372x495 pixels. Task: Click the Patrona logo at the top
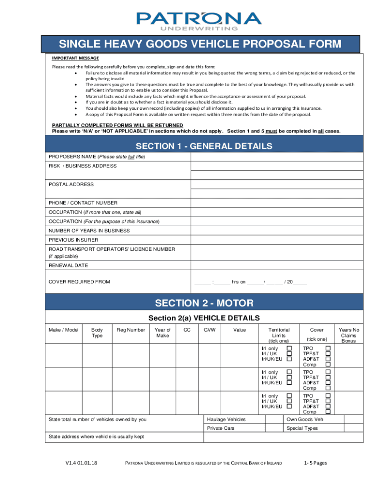click(199, 21)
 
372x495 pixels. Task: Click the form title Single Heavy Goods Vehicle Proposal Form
click(200, 44)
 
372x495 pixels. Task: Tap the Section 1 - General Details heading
click(204, 146)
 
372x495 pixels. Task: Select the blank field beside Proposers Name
click(277, 157)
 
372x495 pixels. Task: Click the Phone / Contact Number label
click(83, 203)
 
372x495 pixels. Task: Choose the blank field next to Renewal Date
click(277, 265)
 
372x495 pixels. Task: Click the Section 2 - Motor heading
click(204, 303)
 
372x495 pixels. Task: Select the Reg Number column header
click(130, 330)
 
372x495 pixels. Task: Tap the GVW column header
click(209, 330)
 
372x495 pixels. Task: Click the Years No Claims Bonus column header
click(348, 335)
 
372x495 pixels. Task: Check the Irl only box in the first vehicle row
click(289, 348)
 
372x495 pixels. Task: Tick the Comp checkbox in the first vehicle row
click(328, 364)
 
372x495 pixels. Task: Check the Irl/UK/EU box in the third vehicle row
click(289, 407)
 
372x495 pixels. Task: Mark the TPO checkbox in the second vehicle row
click(328, 372)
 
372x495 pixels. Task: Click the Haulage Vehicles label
click(226, 419)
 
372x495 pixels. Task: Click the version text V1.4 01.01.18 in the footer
click(82, 463)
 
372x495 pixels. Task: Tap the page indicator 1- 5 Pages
click(315, 463)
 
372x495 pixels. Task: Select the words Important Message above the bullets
click(75, 58)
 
